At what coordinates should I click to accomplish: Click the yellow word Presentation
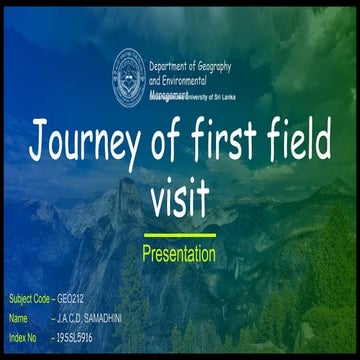179,254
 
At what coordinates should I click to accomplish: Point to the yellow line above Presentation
179,236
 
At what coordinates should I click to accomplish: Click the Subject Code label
28,299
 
